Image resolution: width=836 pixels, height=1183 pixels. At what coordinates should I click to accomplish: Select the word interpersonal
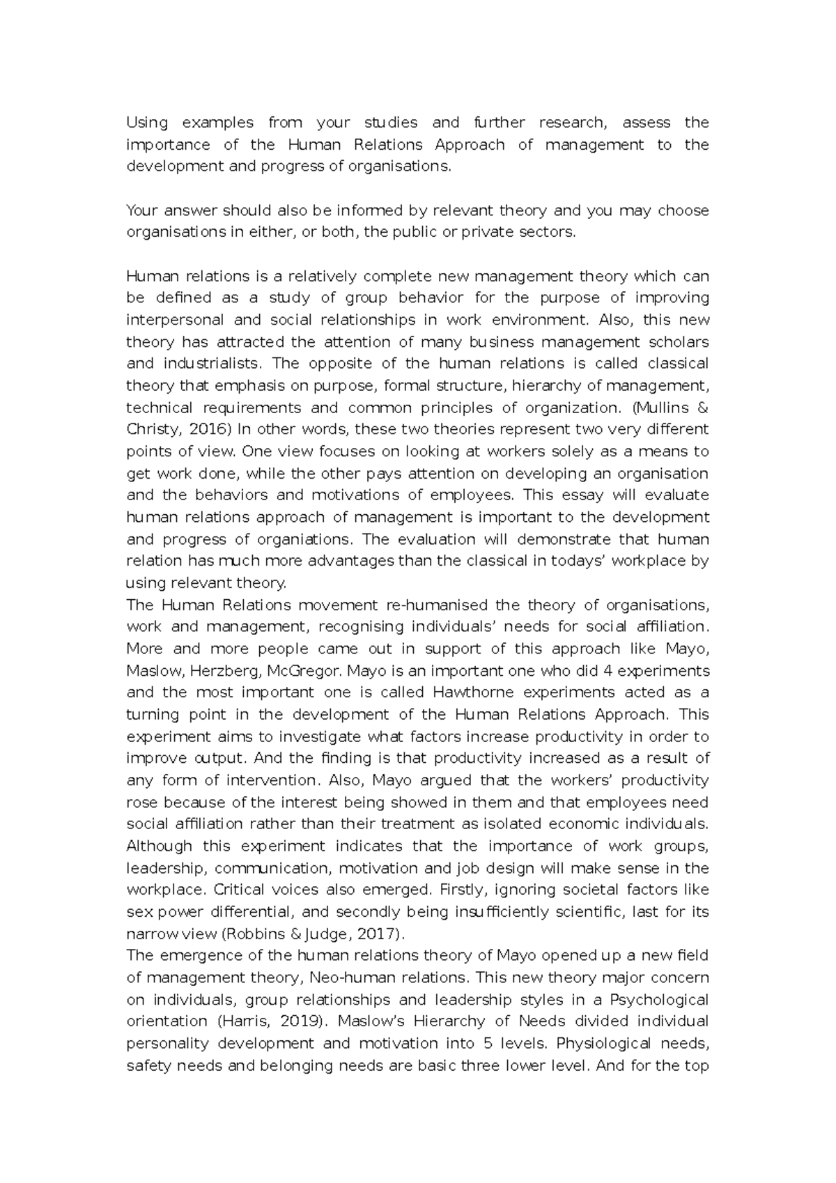pyautogui.click(x=165, y=320)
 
